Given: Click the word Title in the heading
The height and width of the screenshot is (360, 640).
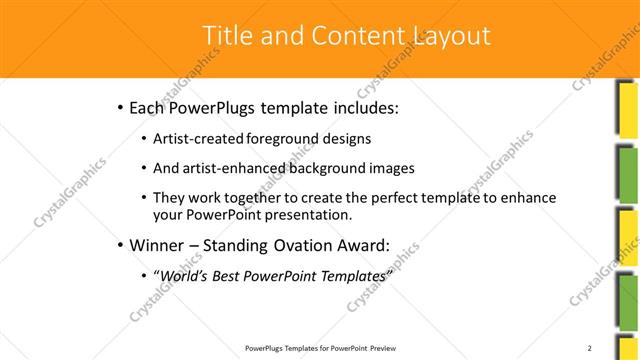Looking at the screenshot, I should [x=226, y=36].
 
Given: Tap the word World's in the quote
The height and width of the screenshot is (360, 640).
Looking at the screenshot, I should [x=183, y=275].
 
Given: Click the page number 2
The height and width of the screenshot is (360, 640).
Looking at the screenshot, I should [x=590, y=347].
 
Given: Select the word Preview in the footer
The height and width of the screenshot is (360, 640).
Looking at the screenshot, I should [x=384, y=348].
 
